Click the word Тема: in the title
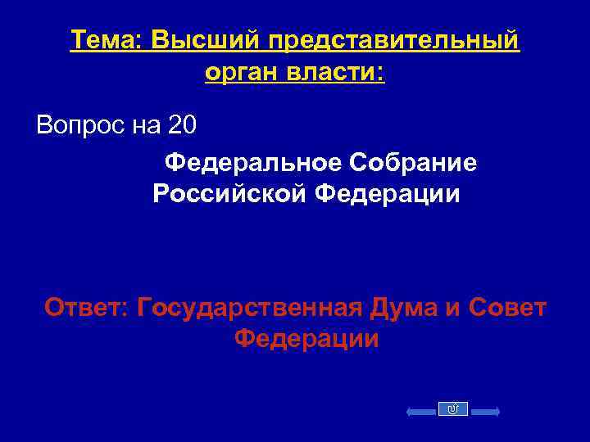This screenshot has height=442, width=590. click(x=106, y=40)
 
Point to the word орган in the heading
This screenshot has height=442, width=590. click(x=242, y=73)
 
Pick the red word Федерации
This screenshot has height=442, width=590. click(x=306, y=340)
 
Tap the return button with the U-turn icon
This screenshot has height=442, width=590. click(x=453, y=409)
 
